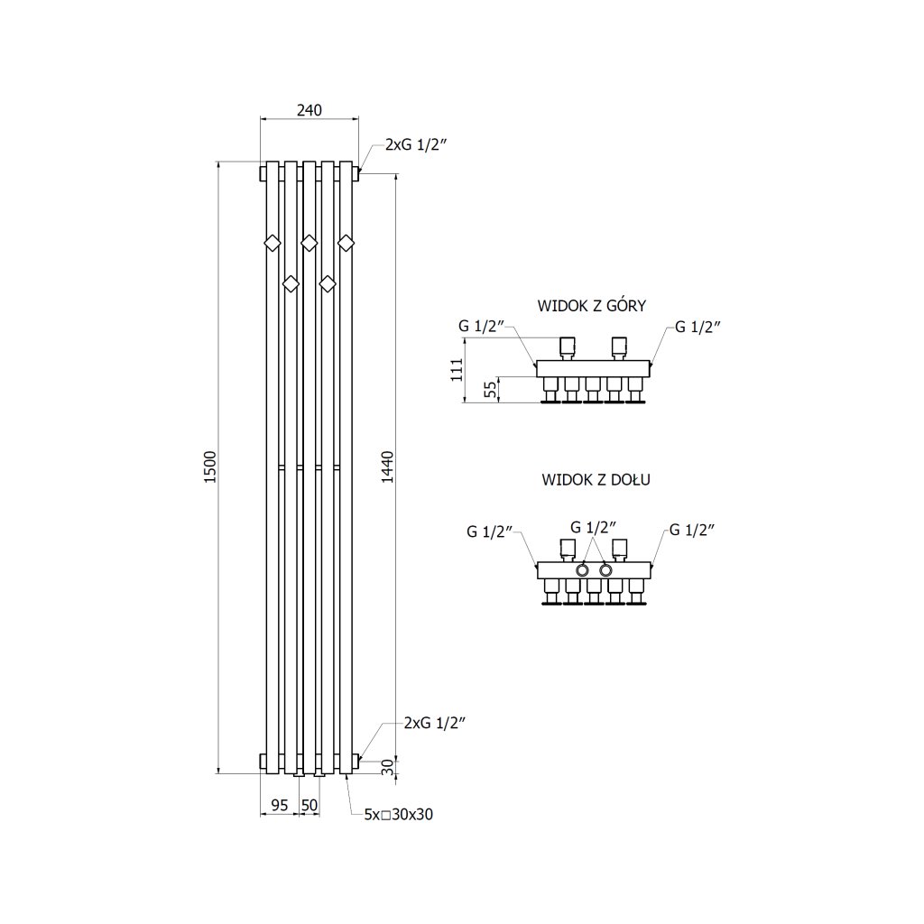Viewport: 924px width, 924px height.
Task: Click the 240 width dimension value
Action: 309,110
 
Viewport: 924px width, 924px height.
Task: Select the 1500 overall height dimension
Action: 210,467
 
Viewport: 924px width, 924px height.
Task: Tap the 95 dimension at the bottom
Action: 279,805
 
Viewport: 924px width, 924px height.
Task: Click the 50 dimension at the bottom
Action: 309,805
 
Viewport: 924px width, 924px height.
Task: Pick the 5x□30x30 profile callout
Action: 399,814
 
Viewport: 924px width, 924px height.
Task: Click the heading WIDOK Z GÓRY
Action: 591,305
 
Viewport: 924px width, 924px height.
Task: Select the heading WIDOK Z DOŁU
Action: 596,479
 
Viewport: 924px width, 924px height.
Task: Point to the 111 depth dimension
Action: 457,370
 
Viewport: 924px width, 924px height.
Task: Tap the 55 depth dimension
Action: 488,390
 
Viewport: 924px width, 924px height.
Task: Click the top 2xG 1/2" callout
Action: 417,144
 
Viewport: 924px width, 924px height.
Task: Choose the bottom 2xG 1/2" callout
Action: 435,723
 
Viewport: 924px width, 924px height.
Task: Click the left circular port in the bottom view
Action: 583,570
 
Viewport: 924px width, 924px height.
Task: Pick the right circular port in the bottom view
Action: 605,570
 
